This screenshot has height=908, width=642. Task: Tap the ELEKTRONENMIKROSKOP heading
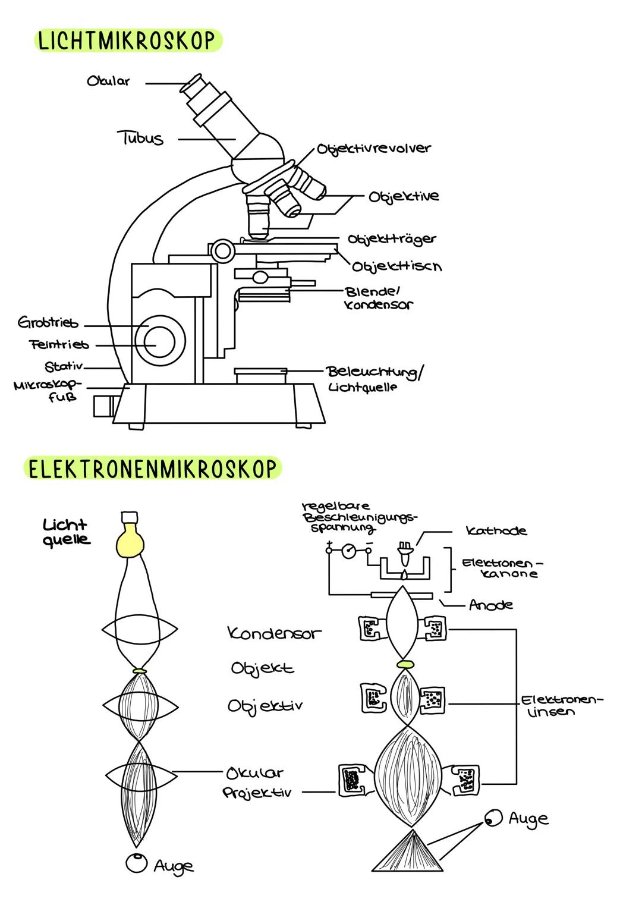[x=152, y=469]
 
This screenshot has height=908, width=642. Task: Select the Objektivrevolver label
[x=373, y=149]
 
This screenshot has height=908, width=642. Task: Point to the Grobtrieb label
[x=48, y=323]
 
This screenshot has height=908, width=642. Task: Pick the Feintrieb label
[x=59, y=344]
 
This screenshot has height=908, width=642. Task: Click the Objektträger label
[x=391, y=239]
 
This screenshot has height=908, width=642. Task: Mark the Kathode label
[x=496, y=530]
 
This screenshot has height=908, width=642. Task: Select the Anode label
[x=490, y=605]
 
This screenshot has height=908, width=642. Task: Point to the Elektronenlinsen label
[x=560, y=705]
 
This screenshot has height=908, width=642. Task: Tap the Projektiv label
[x=257, y=793]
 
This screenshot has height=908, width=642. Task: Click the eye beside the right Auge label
[x=492, y=819]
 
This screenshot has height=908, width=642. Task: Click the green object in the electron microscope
[x=405, y=664]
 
